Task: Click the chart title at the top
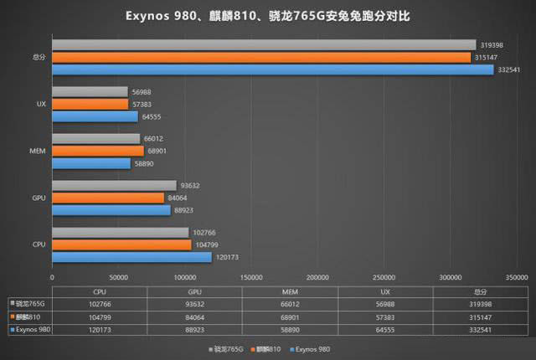268,16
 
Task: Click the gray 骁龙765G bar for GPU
114,186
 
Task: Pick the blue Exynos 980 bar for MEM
91,163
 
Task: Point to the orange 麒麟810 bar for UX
90,104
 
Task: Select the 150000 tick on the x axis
250,277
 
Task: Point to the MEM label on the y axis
37,152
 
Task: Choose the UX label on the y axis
40,105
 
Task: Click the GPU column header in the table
194,291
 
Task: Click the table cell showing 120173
99,331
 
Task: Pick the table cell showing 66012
290,304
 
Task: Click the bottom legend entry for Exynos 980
314,346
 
